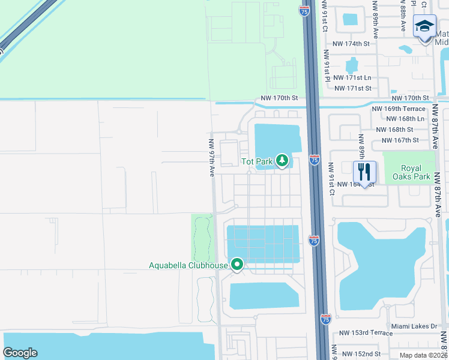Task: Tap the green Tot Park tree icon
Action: [282, 161]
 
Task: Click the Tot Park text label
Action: [257, 161]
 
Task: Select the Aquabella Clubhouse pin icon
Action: [237, 264]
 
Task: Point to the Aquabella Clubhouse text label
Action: [188, 265]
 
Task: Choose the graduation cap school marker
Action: [424, 26]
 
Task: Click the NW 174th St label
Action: [352, 44]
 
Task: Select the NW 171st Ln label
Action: [352, 78]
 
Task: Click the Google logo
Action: [20, 353]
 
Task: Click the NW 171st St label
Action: [352, 88]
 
